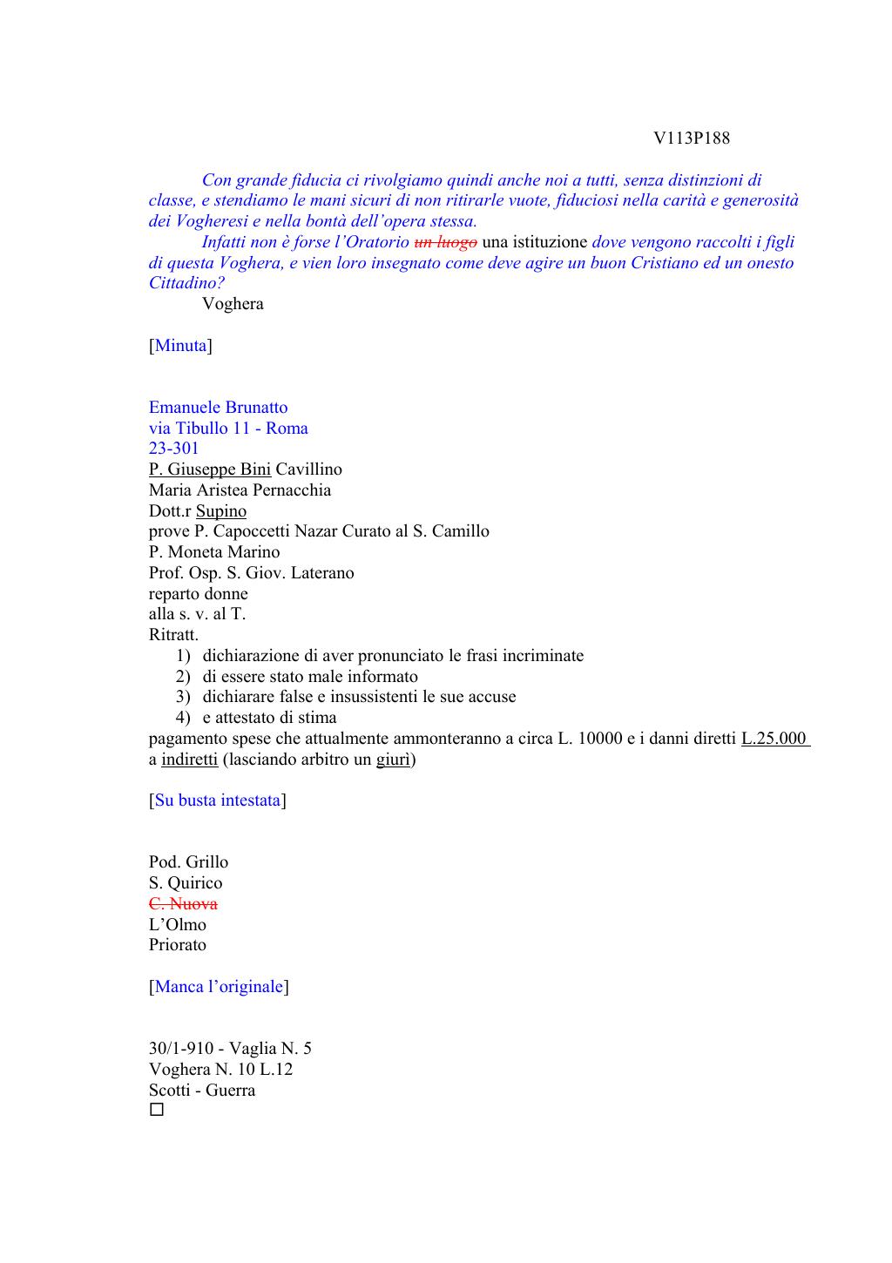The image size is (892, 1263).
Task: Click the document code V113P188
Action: point(692,138)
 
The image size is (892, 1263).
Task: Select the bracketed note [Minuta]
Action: point(180,346)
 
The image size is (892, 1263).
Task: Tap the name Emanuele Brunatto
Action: point(218,408)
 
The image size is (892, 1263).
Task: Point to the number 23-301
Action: point(174,449)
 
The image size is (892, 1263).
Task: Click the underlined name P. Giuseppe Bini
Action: point(210,469)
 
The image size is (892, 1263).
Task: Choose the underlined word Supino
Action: point(221,511)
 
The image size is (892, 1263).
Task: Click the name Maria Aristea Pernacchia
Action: point(240,490)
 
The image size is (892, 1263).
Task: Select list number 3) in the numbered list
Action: point(183,697)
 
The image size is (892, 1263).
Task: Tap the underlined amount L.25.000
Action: point(774,739)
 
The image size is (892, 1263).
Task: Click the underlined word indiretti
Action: point(189,760)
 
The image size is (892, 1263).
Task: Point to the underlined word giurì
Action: point(393,760)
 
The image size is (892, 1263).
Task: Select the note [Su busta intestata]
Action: point(218,800)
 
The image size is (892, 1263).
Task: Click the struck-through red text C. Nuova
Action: point(183,904)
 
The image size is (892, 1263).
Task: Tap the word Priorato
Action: point(178,945)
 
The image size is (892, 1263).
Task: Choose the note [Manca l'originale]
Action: point(219,987)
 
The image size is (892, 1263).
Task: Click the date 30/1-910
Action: point(179,1049)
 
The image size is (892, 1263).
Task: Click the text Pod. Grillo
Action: point(188,862)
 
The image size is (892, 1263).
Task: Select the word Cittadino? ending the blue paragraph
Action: point(186,283)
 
